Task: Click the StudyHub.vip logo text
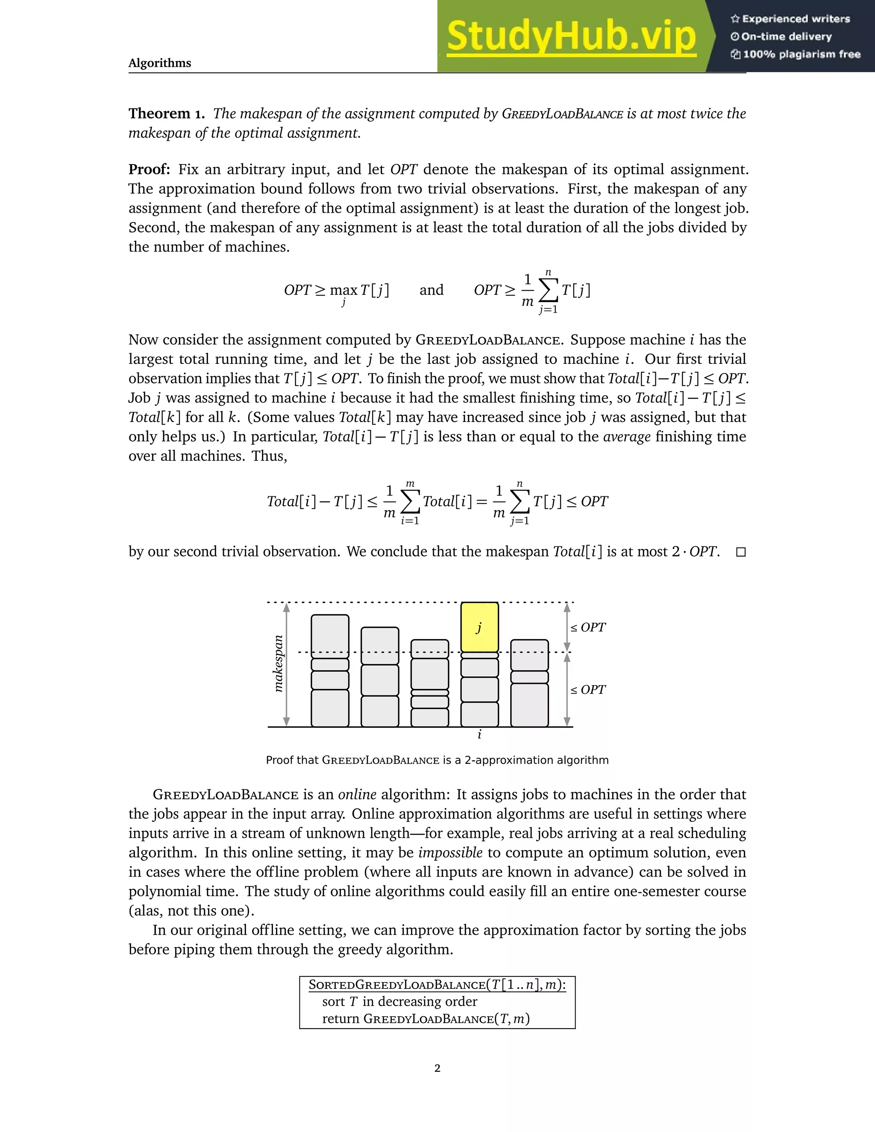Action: pos(571,36)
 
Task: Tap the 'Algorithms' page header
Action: pos(160,63)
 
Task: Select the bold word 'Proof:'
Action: pos(149,170)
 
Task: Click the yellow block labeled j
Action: pos(479,627)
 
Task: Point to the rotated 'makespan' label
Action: pos(279,663)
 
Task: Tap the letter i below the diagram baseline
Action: pos(479,734)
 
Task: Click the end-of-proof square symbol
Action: pos(741,552)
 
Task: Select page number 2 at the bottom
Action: pos(437,1068)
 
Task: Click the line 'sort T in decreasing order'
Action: pos(399,1001)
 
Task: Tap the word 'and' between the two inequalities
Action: pos(431,290)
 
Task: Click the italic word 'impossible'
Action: pos(450,853)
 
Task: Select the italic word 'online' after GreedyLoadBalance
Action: pos(357,795)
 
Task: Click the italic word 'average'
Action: pos(627,437)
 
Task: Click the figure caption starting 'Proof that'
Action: pos(437,760)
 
